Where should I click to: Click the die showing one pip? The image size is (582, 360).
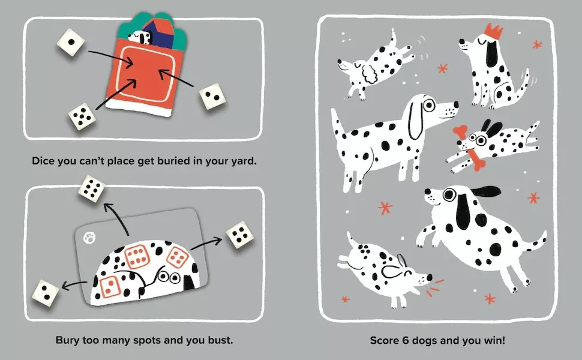tap(70, 43)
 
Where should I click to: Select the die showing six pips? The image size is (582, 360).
tap(92, 190)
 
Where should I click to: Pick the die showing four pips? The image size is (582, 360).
tap(238, 235)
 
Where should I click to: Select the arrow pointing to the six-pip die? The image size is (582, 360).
tap(118, 219)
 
